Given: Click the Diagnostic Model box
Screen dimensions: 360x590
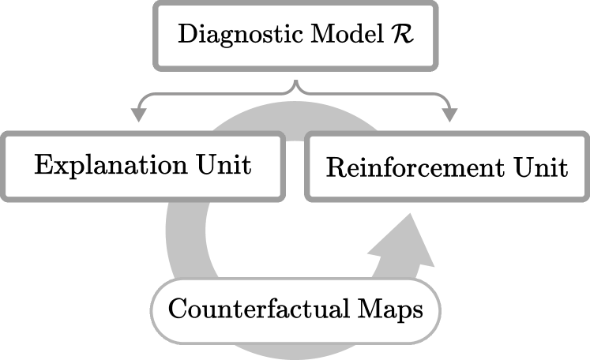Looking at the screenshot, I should click(295, 36).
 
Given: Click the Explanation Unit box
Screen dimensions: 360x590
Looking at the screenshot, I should click(143, 167).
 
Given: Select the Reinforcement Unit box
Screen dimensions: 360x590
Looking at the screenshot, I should click(447, 169).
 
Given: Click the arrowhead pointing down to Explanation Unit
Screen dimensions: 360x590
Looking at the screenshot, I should click(139, 115).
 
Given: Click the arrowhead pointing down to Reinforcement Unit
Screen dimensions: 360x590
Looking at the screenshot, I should click(450, 115).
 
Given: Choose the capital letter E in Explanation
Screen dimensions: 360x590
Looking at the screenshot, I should click(42, 167).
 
